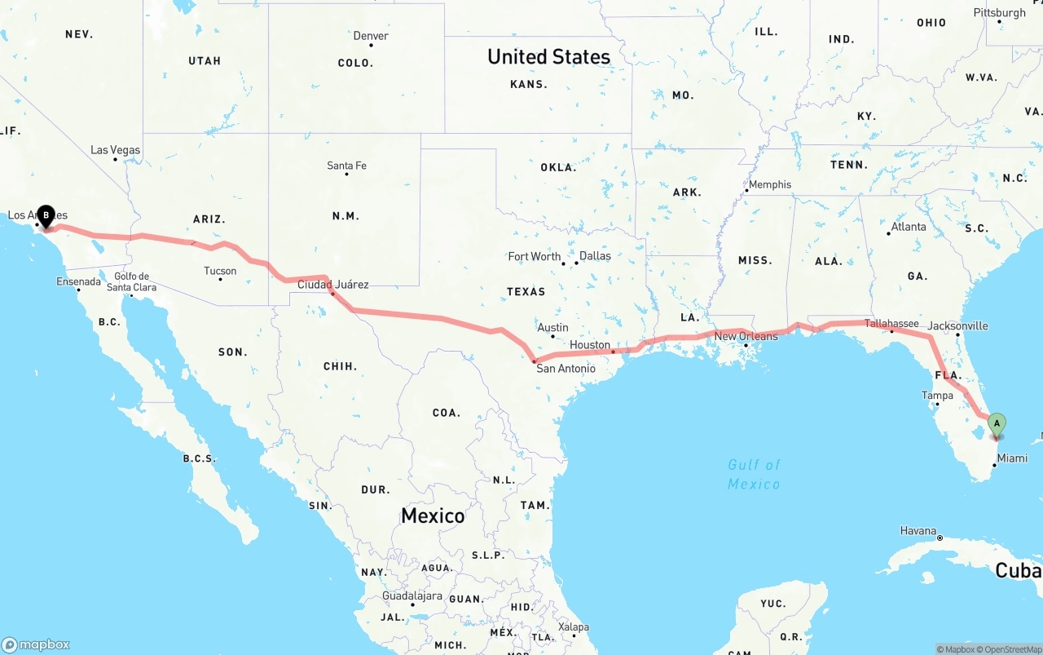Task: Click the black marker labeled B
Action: tap(46, 216)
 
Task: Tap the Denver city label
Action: tap(371, 36)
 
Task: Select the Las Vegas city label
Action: tap(115, 150)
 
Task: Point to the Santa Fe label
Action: tap(346, 166)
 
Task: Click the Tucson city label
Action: tap(220, 271)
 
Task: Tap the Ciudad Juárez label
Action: tap(332, 285)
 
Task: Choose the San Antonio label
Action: tap(566, 369)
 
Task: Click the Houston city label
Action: tap(590, 345)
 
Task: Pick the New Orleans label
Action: tap(746, 336)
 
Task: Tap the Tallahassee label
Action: tap(891, 324)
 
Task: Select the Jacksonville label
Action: tap(957, 326)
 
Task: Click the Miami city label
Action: tap(1012, 458)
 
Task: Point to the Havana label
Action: tap(918, 531)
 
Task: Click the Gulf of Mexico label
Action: tap(754, 474)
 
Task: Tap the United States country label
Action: tap(548, 57)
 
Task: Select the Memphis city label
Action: tap(769, 184)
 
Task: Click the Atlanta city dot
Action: tap(888, 234)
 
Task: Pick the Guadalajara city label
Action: tap(412, 596)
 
